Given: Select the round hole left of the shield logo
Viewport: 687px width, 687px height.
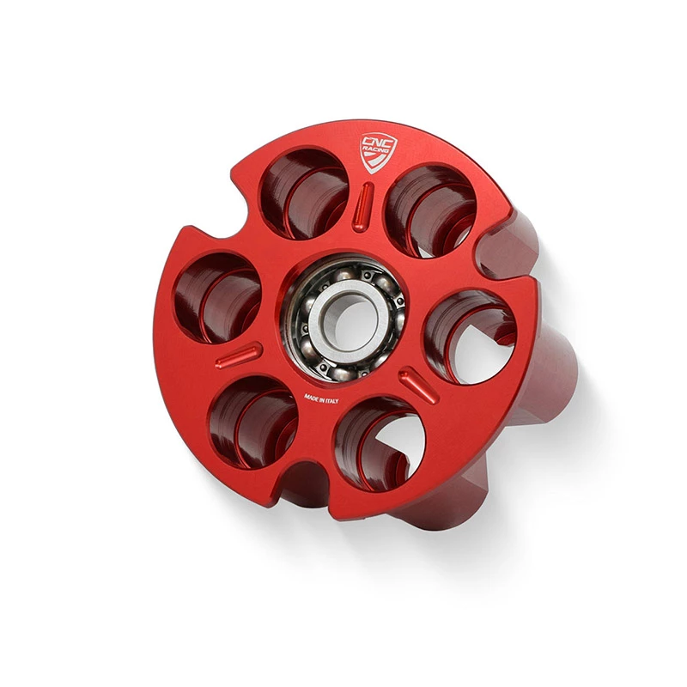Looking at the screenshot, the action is pos(304,194).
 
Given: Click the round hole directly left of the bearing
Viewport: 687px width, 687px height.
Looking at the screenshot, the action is pos(218,298).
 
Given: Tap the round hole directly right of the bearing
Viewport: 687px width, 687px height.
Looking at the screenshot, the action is pos(471,336).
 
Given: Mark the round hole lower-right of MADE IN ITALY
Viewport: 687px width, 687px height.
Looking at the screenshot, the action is pos(380,444).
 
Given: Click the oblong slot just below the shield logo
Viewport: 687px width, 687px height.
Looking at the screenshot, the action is pos(362,206).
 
